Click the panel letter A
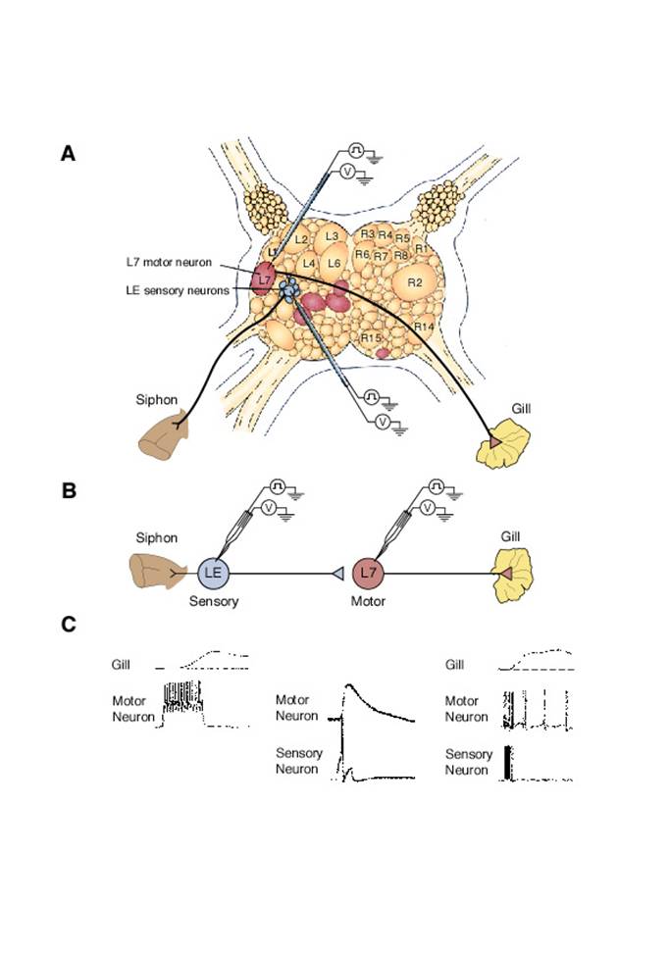[68, 153]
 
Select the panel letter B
[69, 491]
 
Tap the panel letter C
[69, 625]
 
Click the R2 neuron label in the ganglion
[414, 282]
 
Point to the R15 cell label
[370, 338]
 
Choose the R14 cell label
[425, 326]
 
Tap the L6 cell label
[334, 264]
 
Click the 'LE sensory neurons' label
[178, 290]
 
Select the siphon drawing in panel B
[156, 571]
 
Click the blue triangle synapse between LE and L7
[335, 573]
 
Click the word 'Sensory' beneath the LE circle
[214, 602]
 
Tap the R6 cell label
[362, 255]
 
